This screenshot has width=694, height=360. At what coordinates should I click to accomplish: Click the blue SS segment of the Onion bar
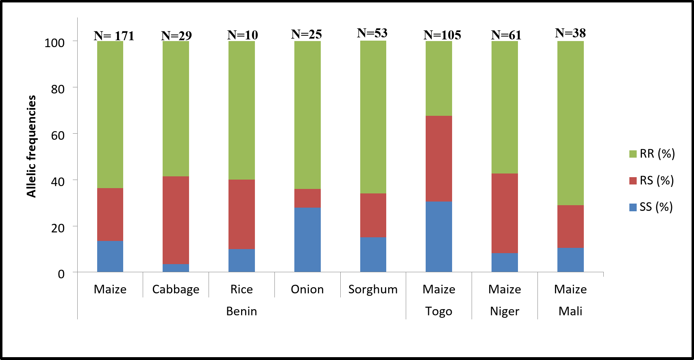tap(307, 240)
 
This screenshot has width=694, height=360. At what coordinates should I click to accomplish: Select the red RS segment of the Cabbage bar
tap(176, 220)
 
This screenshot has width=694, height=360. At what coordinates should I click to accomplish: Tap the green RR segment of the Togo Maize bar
tap(439, 78)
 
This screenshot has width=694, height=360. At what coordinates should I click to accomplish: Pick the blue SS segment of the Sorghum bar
tap(373, 254)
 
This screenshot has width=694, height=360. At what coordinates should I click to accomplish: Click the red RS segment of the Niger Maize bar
tap(505, 213)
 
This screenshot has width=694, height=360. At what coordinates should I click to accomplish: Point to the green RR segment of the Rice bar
tap(241, 110)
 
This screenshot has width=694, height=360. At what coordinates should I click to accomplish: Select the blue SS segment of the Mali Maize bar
tap(570, 260)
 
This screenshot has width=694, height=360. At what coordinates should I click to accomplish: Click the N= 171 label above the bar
tap(114, 36)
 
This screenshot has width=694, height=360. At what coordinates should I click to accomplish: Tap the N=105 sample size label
tap(442, 35)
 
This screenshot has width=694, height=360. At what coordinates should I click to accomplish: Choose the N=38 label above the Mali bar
tap(570, 33)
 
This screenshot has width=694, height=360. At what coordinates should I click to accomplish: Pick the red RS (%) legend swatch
tap(633, 180)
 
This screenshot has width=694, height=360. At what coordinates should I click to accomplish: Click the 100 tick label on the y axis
tap(54, 43)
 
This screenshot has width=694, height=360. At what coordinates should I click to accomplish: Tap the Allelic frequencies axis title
tap(31, 146)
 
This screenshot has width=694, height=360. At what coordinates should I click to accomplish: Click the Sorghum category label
tap(373, 289)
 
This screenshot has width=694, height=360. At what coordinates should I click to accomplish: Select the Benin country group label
tap(241, 311)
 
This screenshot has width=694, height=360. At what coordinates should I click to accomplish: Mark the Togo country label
tap(439, 311)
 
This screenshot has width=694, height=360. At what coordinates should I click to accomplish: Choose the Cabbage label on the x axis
tap(176, 289)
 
